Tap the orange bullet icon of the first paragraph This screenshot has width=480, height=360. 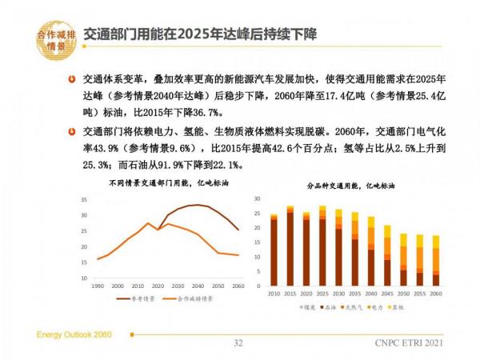[x=73, y=81]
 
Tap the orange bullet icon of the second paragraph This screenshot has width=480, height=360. [x=73, y=130]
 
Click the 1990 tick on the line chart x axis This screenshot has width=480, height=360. [x=98, y=286]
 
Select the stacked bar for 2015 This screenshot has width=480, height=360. [x=290, y=249]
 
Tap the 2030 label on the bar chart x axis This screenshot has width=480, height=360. [x=338, y=293]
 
